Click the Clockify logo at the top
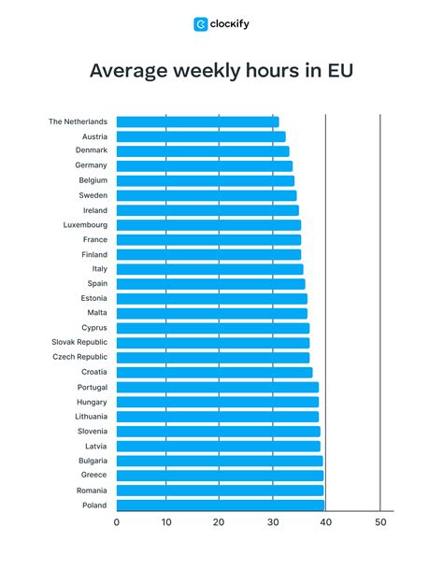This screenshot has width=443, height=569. [x=221, y=24]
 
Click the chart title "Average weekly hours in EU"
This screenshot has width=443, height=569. [x=221, y=71]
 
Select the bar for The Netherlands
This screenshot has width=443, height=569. [x=197, y=121]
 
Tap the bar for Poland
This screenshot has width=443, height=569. [x=221, y=505]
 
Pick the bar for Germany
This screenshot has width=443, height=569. [x=204, y=165]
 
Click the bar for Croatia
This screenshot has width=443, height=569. [x=214, y=372]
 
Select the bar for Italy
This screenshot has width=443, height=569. [x=209, y=269]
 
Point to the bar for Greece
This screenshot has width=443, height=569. [x=220, y=476]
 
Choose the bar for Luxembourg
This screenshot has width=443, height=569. [x=208, y=225]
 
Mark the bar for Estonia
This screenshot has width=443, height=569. [x=211, y=299]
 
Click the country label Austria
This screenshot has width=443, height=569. [x=94, y=136]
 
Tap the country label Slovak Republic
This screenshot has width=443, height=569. [x=79, y=343]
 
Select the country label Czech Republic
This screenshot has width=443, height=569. [x=80, y=357]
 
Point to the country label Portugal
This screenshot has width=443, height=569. [x=92, y=387]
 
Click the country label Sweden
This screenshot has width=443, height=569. [x=93, y=195]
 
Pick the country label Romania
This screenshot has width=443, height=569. [x=91, y=491]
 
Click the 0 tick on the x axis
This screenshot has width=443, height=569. [x=116, y=522]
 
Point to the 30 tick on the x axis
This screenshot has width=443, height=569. [x=272, y=522]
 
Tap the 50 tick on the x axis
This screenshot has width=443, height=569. [x=379, y=522]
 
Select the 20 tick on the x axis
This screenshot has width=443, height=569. [x=219, y=522]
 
